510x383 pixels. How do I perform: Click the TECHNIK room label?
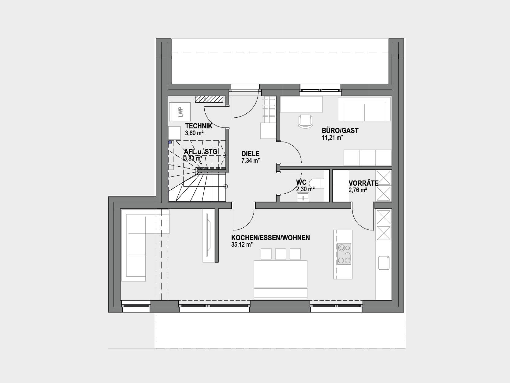pyautogui.click(x=199, y=126)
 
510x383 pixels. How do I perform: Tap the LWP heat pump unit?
pyautogui.click(x=180, y=112)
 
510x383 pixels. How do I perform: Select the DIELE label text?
pyautogui.click(x=250, y=154)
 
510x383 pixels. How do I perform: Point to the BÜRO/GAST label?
pyautogui.click(x=340, y=131)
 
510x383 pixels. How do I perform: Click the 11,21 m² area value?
pyautogui.click(x=333, y=138)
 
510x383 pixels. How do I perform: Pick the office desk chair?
pyautogui.click(x=305, y=121)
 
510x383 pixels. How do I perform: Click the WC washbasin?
pyautogui.click(x=303, y=197)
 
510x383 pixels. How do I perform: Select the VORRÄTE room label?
pyautogui.click(x=363, y=183)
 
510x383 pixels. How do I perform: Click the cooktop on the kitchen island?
pyautogui.click(x=344, y=254)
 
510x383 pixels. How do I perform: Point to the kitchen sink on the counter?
pyautogui.click(x=384, y=263)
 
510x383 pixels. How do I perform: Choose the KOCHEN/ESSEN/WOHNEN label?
pyautogui.click(x=270, y=238)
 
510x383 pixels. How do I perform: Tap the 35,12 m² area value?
pyautogui.click(x=242, y=245)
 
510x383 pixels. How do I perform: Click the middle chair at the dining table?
pyautogui.click(x=281, y=254)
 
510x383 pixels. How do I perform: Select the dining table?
pyautogui.click(x=281, y=274)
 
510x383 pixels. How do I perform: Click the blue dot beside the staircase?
pyautogui.click(x=170, y=142)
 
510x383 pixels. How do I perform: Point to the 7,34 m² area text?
pyautogui.click(x=251, y=161)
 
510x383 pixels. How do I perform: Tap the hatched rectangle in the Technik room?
pyautogui.click(x=209, y=99)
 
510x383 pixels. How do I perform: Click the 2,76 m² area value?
pyautogui.click(x=358, y=190)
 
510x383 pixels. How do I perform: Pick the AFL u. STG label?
pyautogui.click(x=201, y=152)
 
